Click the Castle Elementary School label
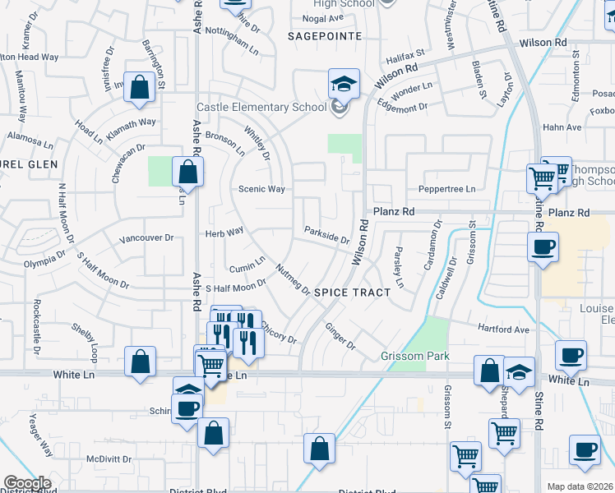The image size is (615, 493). pos(262,108)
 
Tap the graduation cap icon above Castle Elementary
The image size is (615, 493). pos(344,84)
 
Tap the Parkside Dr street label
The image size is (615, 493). pos(326,236)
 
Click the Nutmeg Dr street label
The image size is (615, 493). pos(293,280)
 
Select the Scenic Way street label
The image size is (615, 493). pos(261,189)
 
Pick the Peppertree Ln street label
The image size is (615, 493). pos(447,189)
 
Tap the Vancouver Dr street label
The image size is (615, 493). pos(146,238)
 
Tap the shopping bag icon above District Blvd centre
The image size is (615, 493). pos(319,449)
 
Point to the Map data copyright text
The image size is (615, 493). pos(580,486)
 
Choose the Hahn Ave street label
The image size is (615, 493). pos(562,127)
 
